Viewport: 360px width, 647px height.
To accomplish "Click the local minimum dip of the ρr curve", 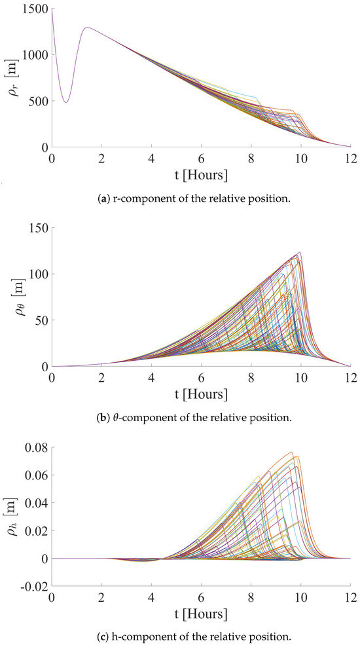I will coord(65,102).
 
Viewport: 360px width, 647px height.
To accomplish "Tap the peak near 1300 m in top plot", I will coord(86,28).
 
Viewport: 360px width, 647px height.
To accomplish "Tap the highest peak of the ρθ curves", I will coord(300,252).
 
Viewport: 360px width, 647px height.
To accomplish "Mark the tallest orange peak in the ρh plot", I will coord(292,452).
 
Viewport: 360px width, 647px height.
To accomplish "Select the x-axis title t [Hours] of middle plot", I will coord(201,394).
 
